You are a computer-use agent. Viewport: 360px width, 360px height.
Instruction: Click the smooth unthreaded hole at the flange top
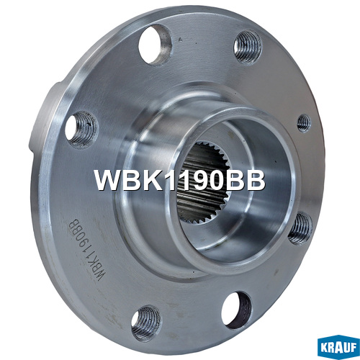pyautogui.click(x=156, y=45)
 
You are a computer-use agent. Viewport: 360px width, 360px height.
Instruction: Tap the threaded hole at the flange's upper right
pyautogui.click(x=248, y=48)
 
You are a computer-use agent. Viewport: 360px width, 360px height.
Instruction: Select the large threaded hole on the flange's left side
pyautogui.click(x=82, y=130)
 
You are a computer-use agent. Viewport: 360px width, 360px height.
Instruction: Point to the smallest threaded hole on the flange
pyautogui.click(x=304, y=123)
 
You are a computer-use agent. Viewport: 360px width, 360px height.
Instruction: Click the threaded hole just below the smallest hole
pyautogui.click(x=300, y=228)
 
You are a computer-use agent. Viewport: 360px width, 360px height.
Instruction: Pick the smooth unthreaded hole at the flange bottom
pyautogui.click(x=237, y=310)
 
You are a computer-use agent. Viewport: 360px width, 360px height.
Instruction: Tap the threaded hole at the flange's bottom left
pyautogui.click(x=146, y=323)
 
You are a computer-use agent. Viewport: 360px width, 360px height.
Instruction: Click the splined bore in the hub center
pyautogui.click(x=204, y=182)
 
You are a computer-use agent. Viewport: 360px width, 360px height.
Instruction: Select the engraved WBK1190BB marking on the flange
pyautogui.click(x=86, y=250)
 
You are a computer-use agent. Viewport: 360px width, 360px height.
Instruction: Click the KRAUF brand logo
pyautogui.click(x=338, y=347)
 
